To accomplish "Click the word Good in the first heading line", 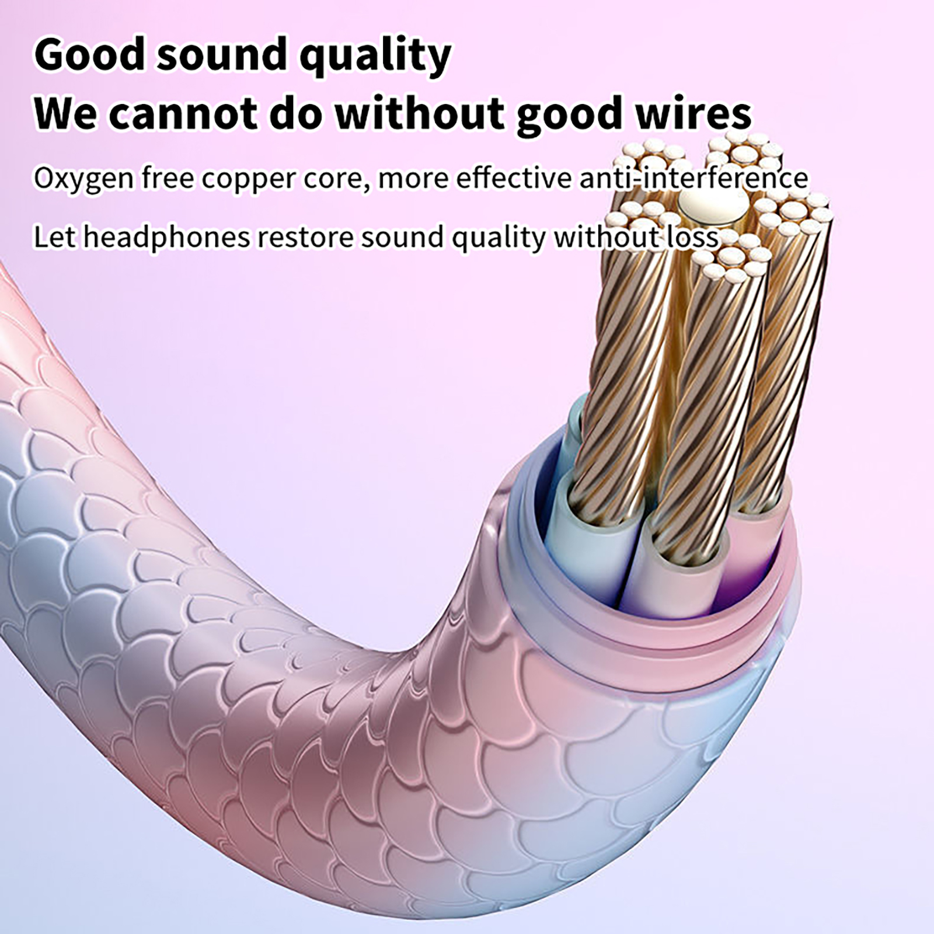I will [x=89, y=54].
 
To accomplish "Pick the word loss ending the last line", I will [x=692, y=237].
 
